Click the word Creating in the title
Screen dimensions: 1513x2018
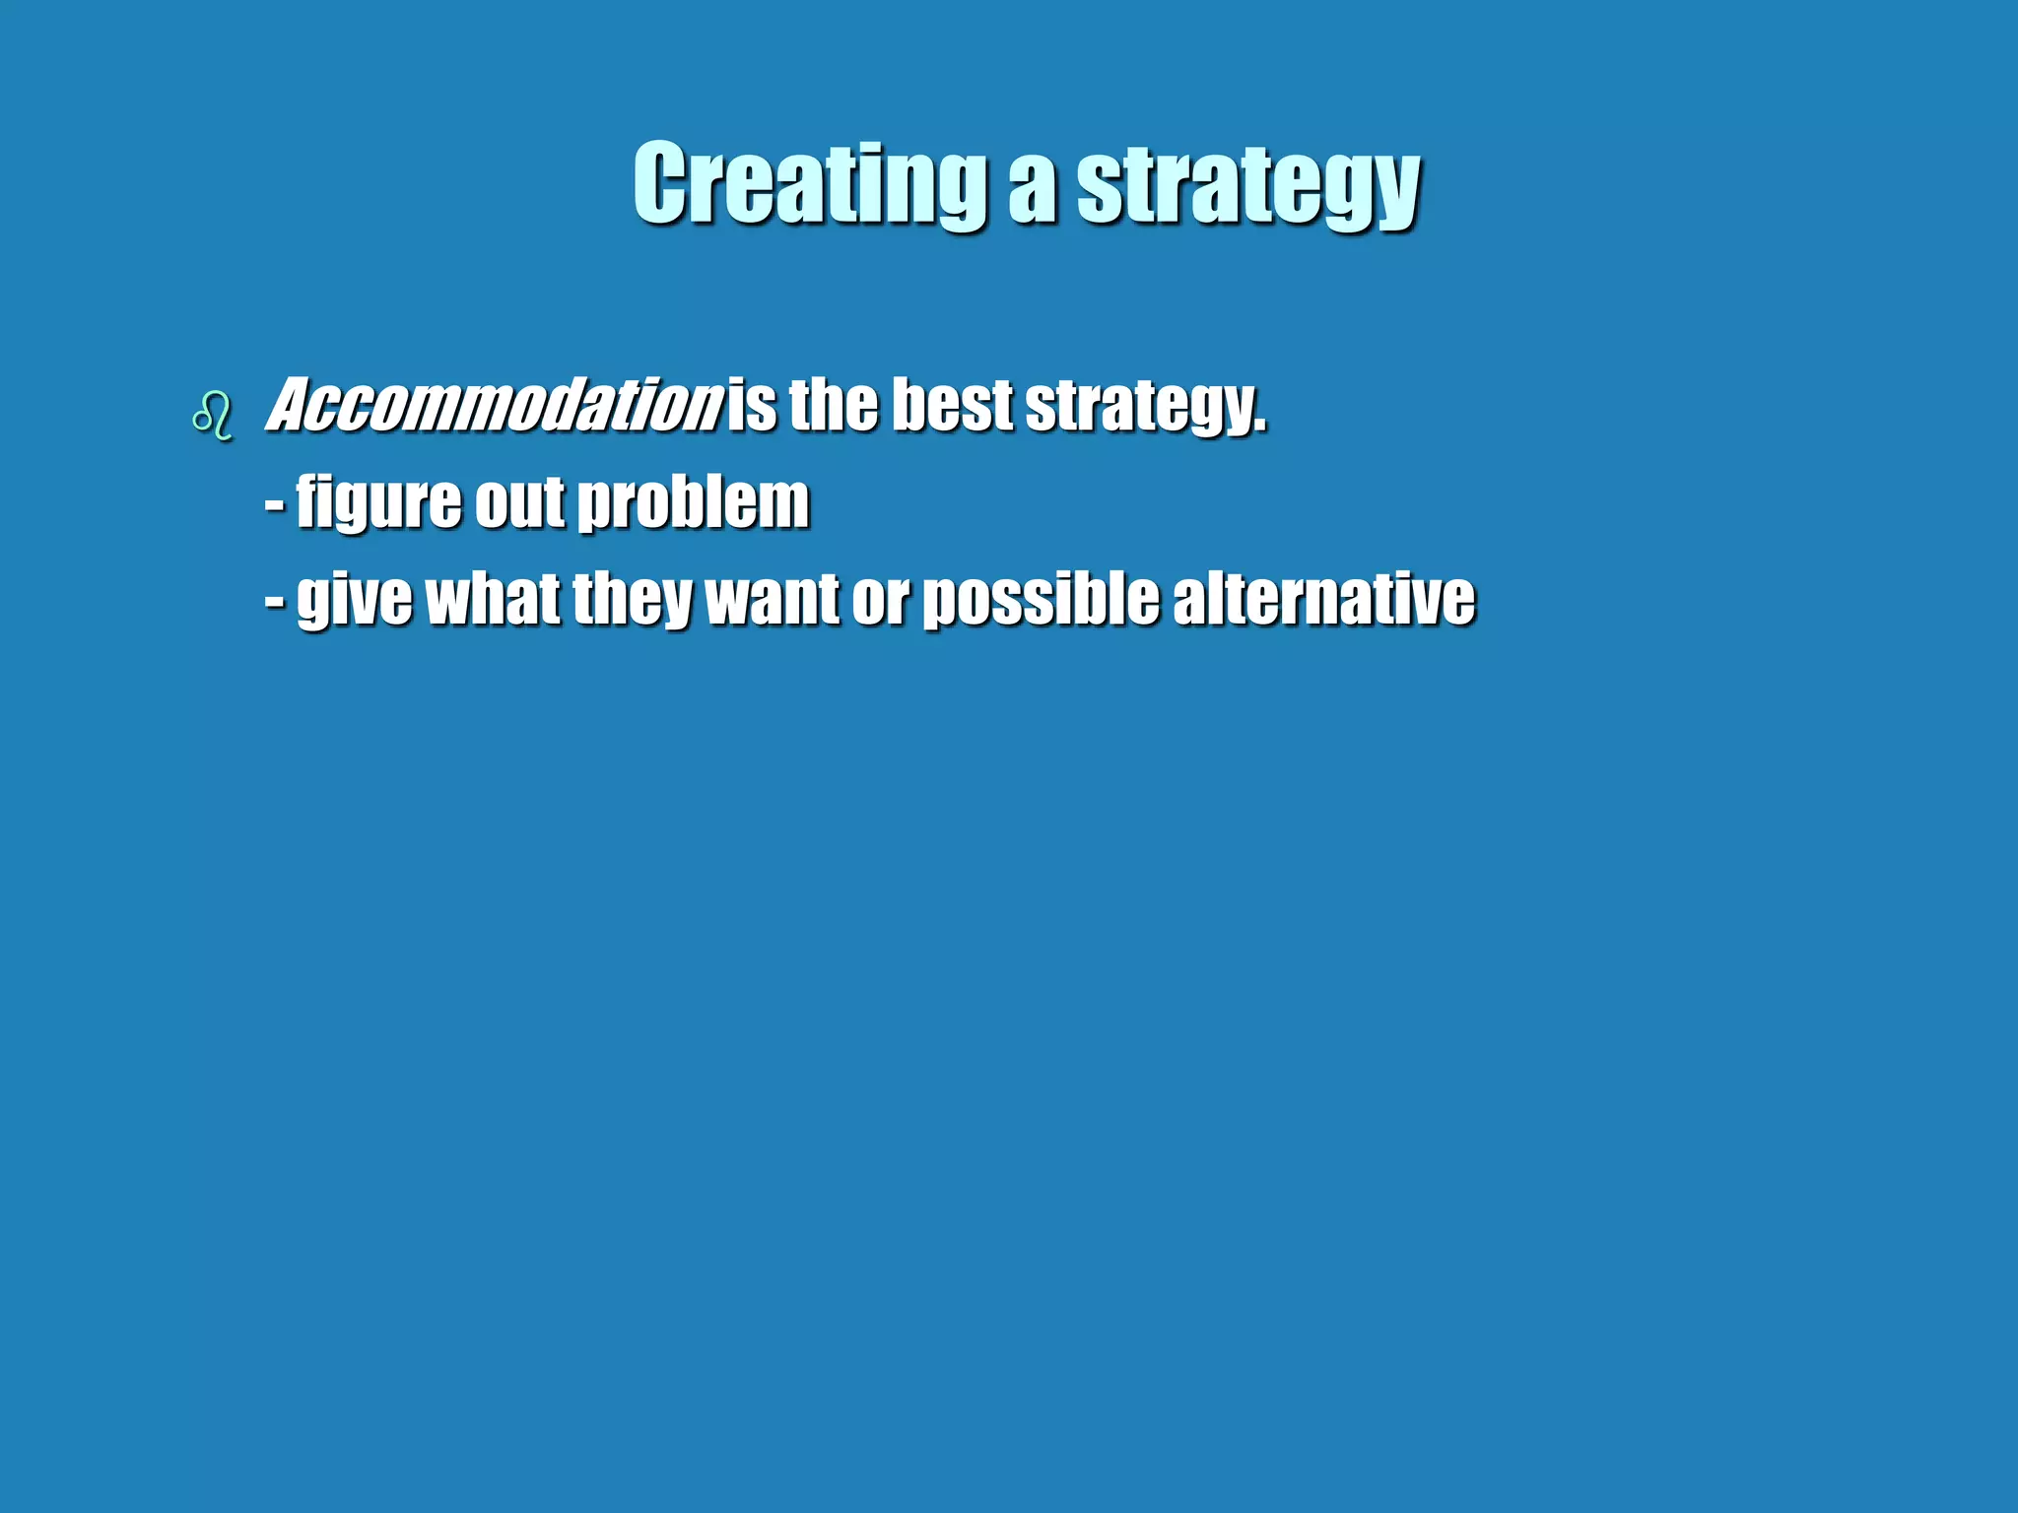tap(809, 184)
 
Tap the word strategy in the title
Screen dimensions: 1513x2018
tap(1247, 187)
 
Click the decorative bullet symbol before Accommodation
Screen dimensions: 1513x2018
tap(213, 416)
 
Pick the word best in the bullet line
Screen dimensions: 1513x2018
tap(952, 405)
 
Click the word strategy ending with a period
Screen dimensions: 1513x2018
tap(1145, 407)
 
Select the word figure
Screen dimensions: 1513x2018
tap(378, 503)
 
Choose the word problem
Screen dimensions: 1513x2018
tap(693, 501)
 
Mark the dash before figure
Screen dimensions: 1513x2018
tap(275, 504)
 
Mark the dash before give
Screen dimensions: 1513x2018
tap(275, 601)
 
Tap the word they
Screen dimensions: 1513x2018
tap(632, 600)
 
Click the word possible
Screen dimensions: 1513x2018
tap(1041, 599)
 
